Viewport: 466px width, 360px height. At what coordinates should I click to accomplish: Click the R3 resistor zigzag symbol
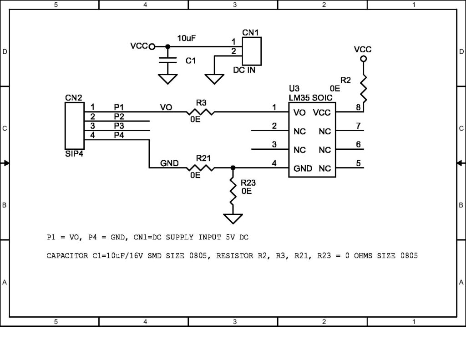[200, 112]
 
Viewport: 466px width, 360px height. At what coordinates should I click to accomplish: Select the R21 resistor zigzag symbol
[200, 167]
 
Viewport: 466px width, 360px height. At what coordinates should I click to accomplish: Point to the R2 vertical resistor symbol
[364, 89]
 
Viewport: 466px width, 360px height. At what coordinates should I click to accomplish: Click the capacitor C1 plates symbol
[167, 60]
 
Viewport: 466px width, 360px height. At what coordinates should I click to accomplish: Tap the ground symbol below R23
[233, 218]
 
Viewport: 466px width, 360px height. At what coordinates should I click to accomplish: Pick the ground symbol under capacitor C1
[167, 79]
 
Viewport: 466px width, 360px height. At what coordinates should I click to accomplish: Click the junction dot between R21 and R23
[233, 167]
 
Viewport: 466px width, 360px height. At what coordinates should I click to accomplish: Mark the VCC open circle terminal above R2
[363, 59]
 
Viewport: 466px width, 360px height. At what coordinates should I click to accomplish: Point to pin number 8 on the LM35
[359, 107]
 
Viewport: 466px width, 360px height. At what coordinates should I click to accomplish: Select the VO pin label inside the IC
[299, 112]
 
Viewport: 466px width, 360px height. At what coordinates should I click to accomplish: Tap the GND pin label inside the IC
[303, 168]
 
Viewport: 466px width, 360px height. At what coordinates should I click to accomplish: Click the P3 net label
[119, 126]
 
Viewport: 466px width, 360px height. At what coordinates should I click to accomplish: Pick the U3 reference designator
[294, 88]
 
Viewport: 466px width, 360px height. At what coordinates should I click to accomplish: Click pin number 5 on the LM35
[359, 163]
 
